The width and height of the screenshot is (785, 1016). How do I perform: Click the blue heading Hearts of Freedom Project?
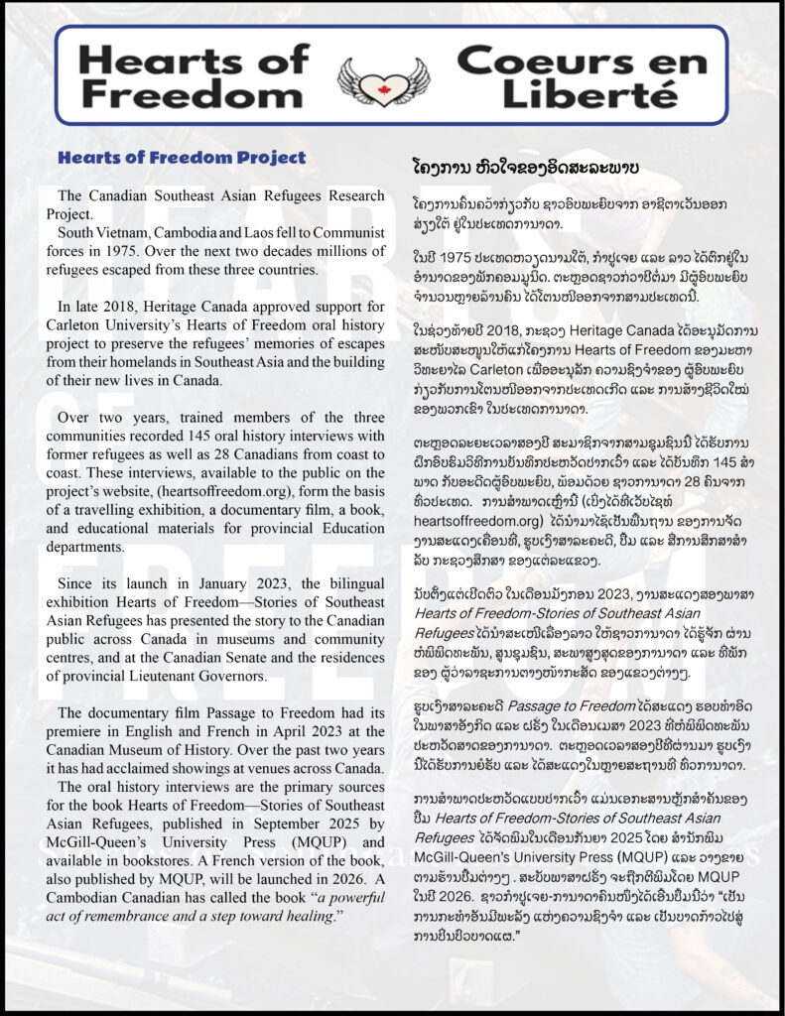click(x=182, y=157)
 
